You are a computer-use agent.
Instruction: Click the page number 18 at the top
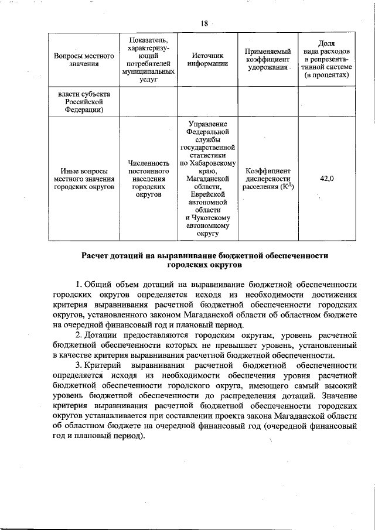(x=204, y=23)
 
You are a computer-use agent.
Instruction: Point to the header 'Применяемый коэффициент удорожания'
(x=267, y=60)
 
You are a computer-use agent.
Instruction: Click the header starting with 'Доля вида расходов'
(x=328, y=60)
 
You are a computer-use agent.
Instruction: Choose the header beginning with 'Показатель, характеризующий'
(x=148, y=60)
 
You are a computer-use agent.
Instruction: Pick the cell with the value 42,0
(x=327, y=179)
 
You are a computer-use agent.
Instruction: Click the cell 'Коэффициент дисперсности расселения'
(x=267, y=179)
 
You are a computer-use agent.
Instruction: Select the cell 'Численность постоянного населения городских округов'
(x=148, y=179)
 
